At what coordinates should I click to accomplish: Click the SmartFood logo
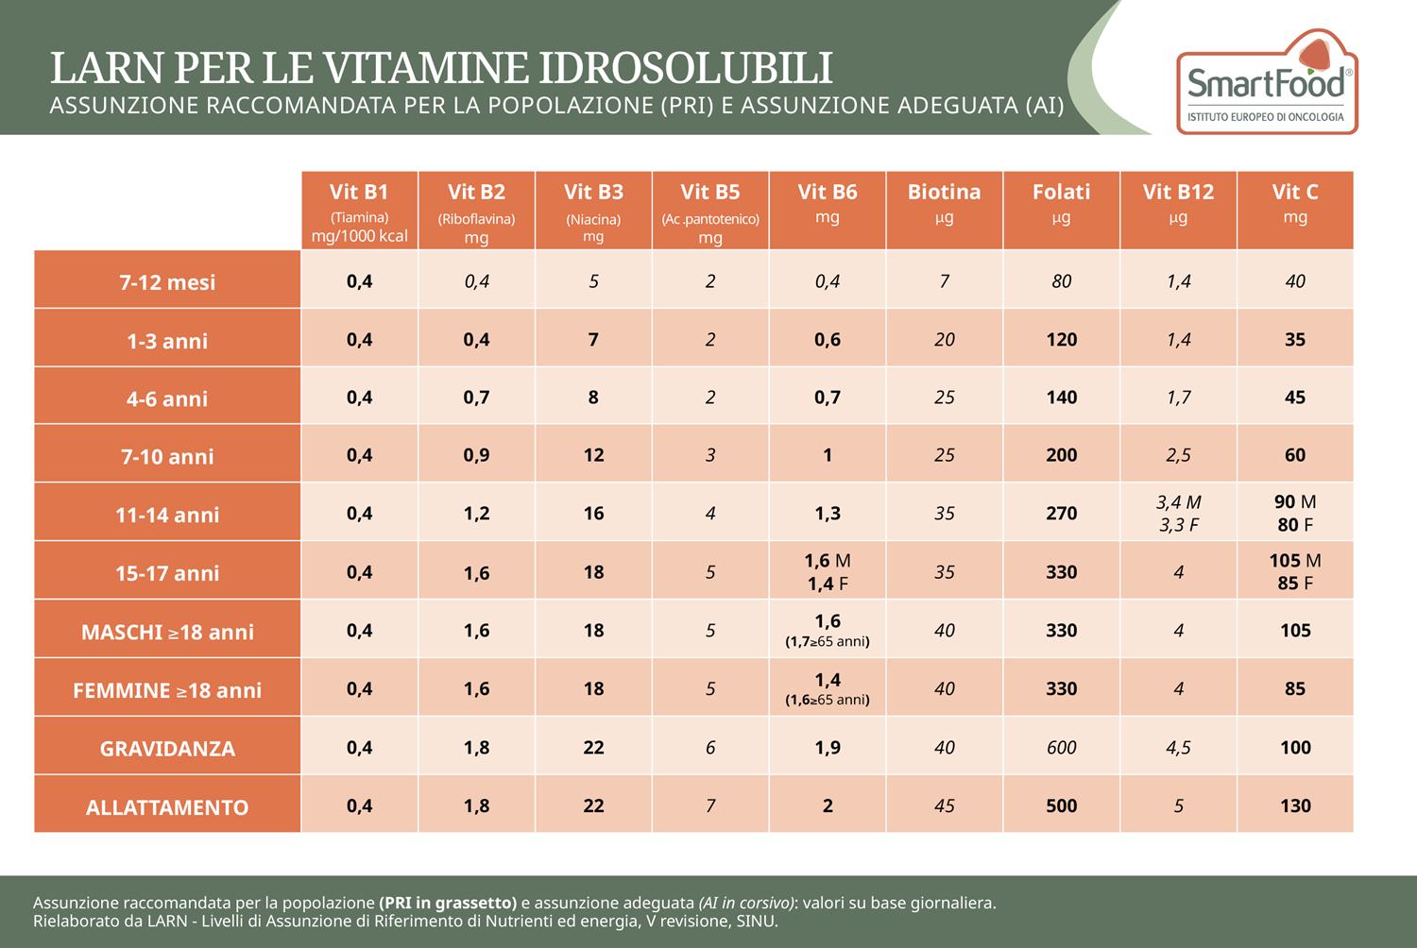point(1266,83)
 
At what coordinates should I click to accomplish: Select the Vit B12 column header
point(1178,210)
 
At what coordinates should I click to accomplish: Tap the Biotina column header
point(944,210)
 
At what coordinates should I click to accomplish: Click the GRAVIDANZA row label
point(167,749)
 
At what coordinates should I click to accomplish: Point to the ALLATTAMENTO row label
point(167,807)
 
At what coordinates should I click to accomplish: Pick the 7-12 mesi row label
point(167,282)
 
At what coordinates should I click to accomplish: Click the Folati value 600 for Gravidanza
point(1061,748)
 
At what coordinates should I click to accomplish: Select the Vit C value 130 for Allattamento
point(1295,806)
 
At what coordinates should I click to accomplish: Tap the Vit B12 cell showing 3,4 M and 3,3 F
point(1178,514)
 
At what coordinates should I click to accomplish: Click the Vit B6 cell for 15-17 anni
point(827,572)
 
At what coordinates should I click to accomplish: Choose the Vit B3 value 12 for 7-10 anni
point(593,455)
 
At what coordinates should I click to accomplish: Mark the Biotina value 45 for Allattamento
point(944,806)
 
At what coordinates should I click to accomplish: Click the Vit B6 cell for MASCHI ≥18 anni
point(827,630)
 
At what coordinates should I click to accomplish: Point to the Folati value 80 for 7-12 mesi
point(1061,281)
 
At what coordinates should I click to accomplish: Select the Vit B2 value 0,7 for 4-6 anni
point(476,398)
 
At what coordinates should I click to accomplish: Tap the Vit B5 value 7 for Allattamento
point(710,806)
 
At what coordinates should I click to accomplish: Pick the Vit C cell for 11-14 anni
point(1295,514)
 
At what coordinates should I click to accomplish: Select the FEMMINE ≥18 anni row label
point(167,690)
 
